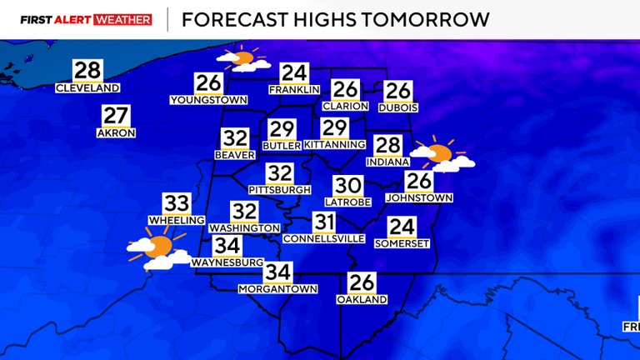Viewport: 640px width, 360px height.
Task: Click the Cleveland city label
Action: pos(87,88)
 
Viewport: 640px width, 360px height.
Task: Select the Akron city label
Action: pos(116,133)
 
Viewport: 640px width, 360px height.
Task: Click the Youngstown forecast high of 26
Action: pos(208,83)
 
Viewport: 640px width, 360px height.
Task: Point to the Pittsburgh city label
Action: pos(279,190)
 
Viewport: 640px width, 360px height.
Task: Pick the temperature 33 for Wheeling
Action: pos(177,203)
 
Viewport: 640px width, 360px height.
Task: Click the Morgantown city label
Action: pos(278,289)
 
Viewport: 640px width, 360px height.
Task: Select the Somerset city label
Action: pos(402,243)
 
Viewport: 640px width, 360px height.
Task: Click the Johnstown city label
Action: pos(419,197)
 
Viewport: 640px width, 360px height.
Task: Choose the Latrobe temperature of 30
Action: pos(347,187)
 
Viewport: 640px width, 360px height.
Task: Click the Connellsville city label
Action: pos(324,238)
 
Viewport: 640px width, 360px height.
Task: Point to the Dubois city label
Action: pos(398,107)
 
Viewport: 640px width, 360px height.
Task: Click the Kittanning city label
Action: pos(334,144)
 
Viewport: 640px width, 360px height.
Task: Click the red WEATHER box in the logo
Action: pos(123,19)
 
